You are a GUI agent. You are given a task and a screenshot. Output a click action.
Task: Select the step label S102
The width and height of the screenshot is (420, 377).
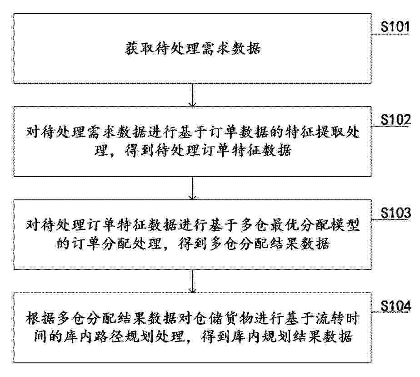(x=395, y=119)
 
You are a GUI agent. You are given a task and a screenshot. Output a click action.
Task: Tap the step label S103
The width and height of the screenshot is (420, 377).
(x=395, y=213)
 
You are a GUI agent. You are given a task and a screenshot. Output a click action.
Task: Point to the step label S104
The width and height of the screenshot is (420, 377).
(x=395, y=306)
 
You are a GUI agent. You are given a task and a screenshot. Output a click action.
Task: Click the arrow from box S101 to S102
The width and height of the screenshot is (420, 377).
(x=192, y=95)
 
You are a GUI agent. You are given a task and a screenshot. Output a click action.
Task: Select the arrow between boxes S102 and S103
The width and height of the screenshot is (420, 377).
(x=192, y=188)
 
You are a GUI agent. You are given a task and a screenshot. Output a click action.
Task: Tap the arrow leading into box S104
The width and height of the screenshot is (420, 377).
(x=192, y=281)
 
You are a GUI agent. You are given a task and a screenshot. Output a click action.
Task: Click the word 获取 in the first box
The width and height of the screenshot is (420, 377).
(x=140, y=49)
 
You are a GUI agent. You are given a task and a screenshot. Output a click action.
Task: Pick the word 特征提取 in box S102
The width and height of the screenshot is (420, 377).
(x=314, y=132)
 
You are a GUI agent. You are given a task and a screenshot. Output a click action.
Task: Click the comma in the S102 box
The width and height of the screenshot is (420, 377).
(x=112, y=154)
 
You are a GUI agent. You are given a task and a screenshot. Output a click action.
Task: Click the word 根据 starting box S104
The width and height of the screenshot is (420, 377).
(x=41, y=319)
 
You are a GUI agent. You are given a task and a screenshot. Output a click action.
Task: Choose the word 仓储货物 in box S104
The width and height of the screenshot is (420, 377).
(x=223, y=319)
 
